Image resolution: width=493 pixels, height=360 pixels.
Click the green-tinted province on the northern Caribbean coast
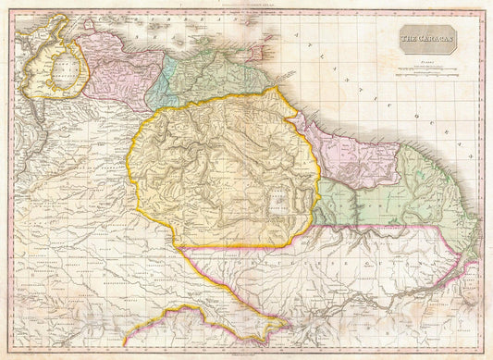pos(217,74)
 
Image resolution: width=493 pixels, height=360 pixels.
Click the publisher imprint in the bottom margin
pos(246,355)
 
